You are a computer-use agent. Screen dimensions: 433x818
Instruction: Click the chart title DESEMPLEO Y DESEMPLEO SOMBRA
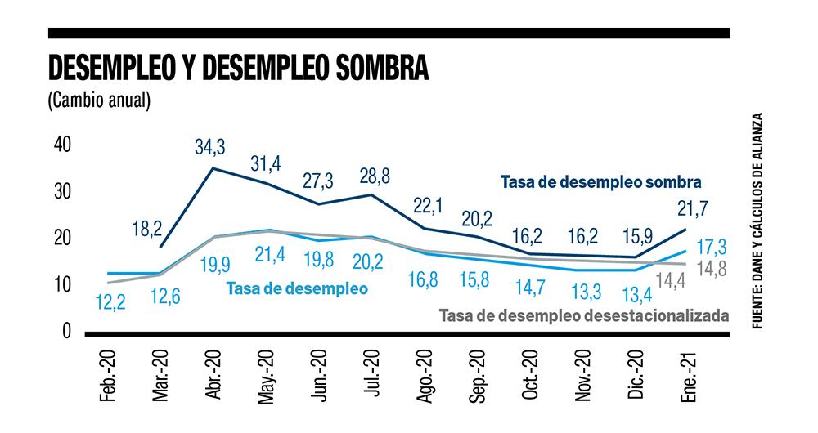tap(238, 69)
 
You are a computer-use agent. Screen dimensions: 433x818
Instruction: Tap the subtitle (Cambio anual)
tap(99, 100)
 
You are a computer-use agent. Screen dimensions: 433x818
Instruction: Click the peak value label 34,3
tap(210, 148)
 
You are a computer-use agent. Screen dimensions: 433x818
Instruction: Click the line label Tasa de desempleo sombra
tap(602, 182)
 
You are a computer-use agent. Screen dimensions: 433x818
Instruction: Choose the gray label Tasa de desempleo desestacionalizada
tap(583, 315)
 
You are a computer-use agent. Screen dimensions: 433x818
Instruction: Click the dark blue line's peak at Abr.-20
tap(213, 168)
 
